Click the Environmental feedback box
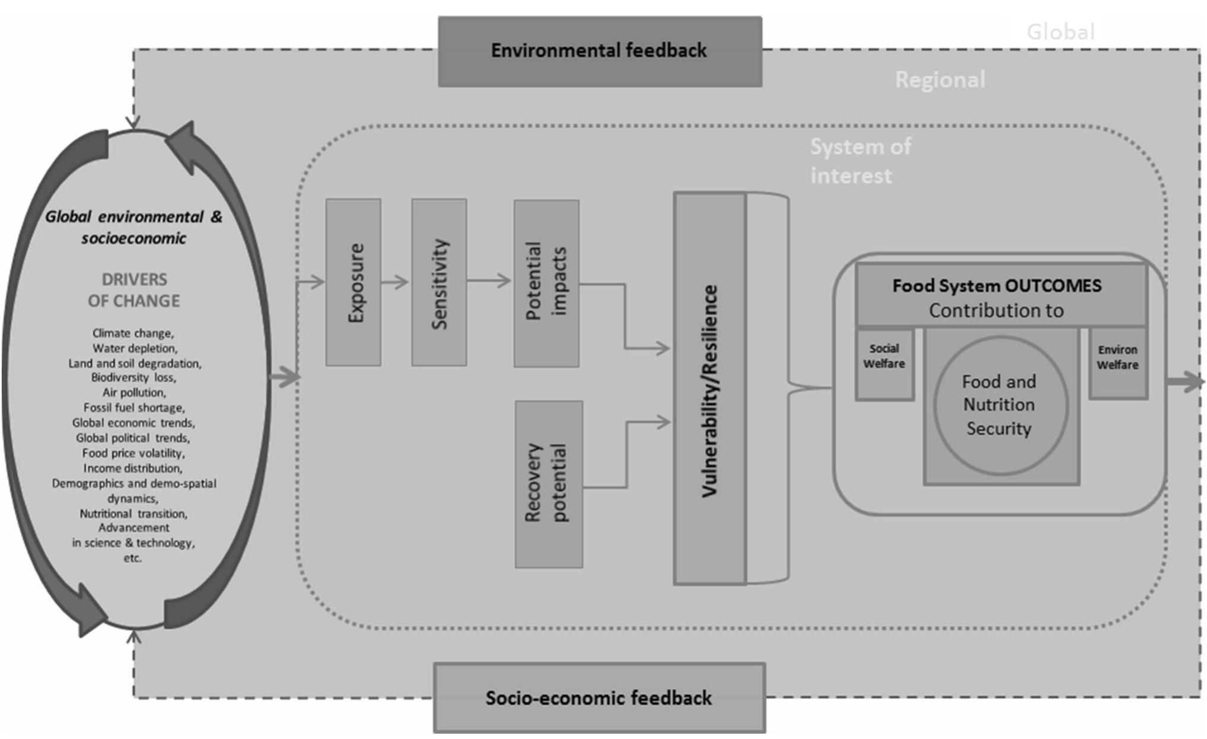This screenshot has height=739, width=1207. [x=600, y=52]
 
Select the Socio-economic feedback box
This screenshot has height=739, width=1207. [x=599, y=698]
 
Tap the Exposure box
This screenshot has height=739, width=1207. [x=353, y=282]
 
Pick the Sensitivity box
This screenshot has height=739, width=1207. [x=439, y=282]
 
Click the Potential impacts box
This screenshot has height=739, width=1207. [x=546, y=284]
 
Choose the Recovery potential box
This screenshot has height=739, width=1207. [x=549, y=484]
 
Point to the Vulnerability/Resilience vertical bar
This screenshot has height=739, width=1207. [x=710, y=389]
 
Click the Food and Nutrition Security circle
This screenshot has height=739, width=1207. [x=1000, y=406]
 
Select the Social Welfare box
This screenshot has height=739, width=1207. [x=884, y=364]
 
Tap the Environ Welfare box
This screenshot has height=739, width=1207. [x=1117, y=362]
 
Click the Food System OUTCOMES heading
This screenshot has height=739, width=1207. [x=997, y=286]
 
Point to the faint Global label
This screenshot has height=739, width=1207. [x=1060, y=32]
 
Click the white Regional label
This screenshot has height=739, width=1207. [x=940, y=80]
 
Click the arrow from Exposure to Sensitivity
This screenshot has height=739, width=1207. [x=395, y=282]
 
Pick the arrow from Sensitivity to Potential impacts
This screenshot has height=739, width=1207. [x=489, y=281]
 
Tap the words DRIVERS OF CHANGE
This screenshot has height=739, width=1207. [x=134, y=290]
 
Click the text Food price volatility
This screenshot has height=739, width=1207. [x=133, y=453]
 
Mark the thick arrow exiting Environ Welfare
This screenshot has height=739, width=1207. [x=1184, y=381]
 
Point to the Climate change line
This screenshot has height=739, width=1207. [x=133, y=333]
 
